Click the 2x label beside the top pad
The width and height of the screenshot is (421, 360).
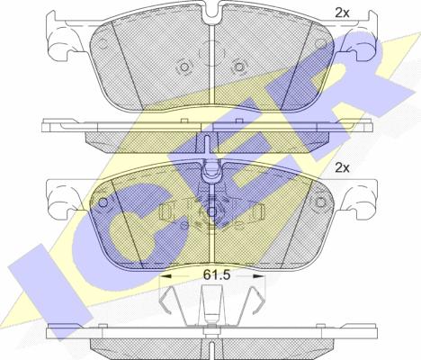tap(342, 13)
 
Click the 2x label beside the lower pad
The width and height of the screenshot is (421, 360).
tap(342, 168)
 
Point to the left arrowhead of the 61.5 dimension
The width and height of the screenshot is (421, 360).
tap(166, 275)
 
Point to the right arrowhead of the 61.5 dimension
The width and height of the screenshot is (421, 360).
tap(259, 275)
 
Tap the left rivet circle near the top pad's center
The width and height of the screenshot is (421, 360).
tap(184, 67)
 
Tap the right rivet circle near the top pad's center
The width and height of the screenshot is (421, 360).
tap(238, 67)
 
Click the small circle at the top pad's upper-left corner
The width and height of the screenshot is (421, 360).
tap(103, 44)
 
